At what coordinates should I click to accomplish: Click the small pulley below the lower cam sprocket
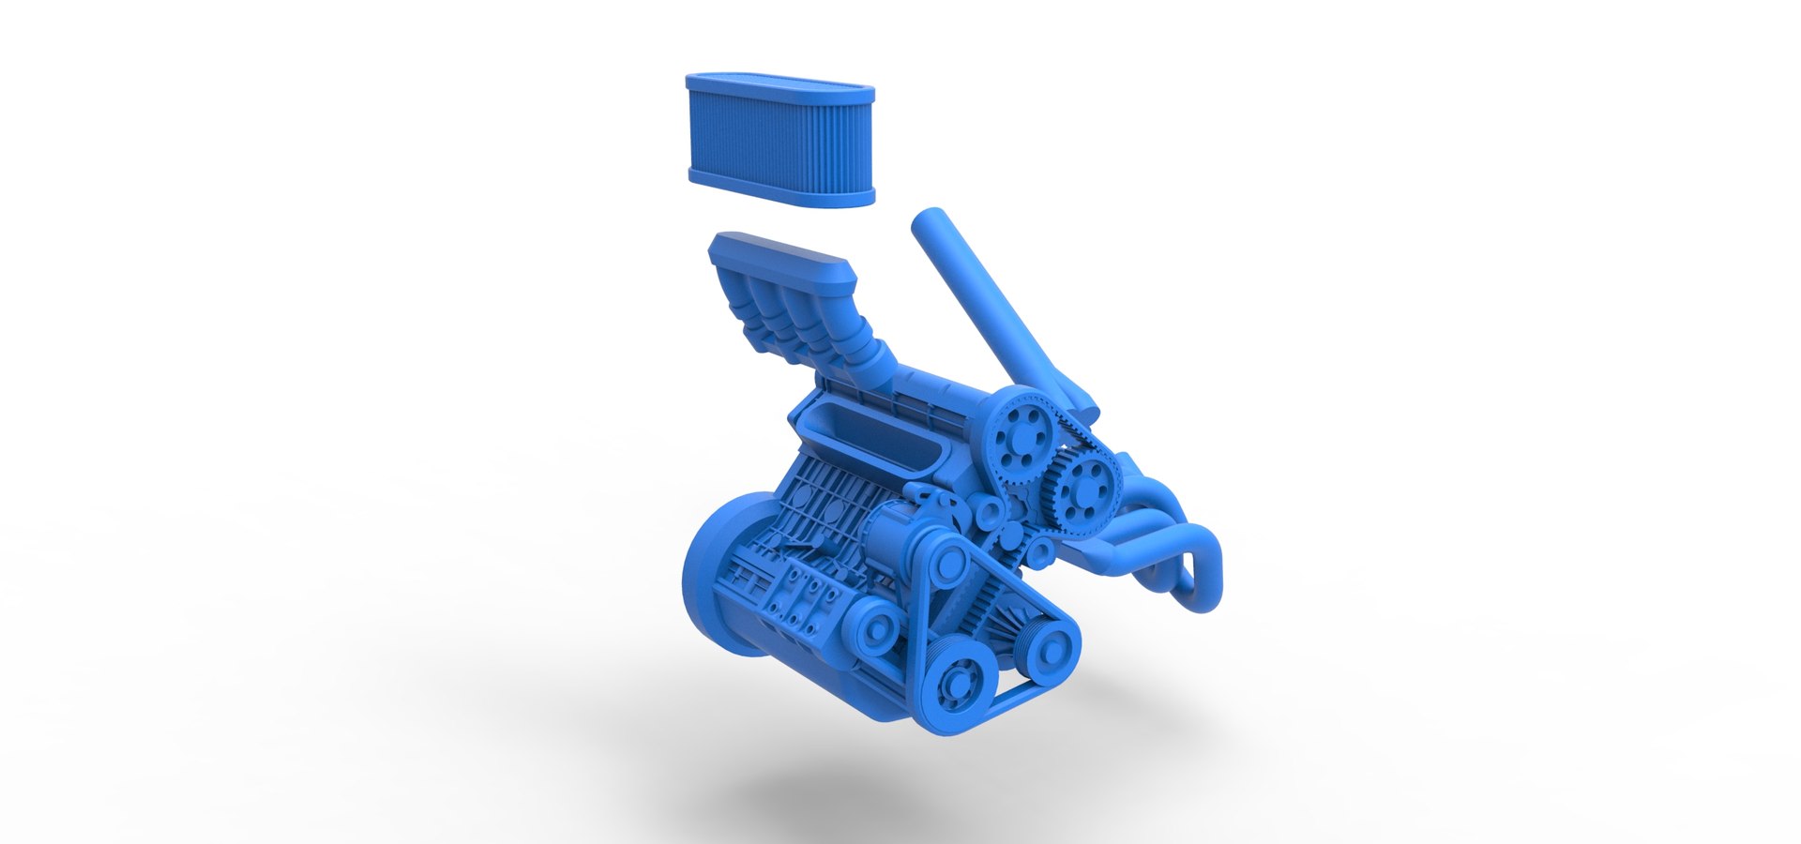click(1041, 551)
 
